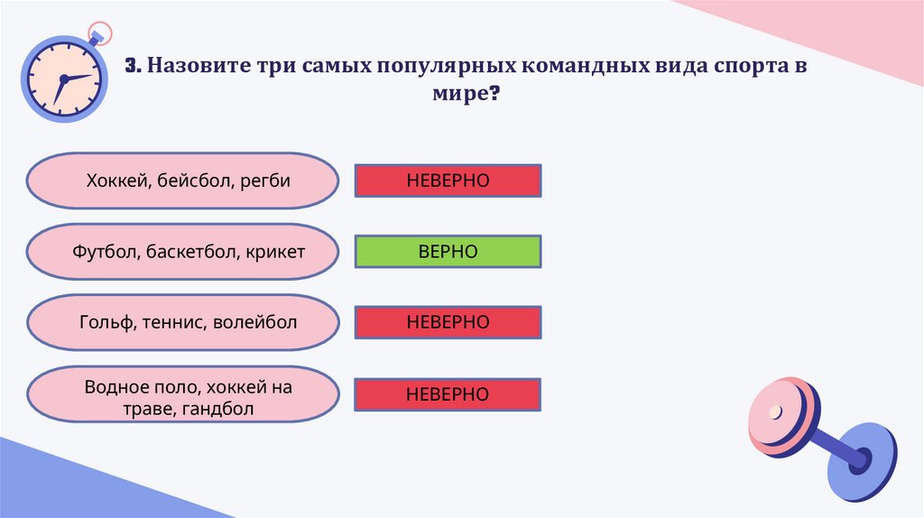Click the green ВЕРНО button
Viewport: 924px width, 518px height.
tap(448, 251)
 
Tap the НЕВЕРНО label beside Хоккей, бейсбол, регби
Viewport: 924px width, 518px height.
tap(448, 180)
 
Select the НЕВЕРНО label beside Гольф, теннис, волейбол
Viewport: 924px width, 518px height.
tap(448, 322)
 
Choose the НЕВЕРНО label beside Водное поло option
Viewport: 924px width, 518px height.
tap(448, 394)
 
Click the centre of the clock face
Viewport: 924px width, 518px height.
tap(62, 79)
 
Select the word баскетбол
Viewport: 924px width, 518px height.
tap(189, 251)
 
